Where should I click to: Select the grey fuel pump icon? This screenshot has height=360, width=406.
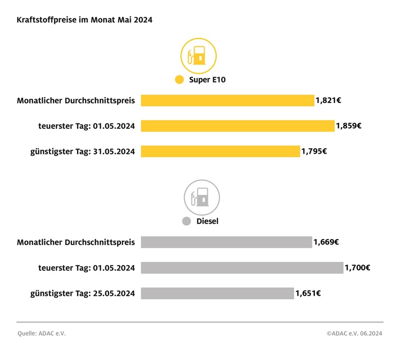(201, 197)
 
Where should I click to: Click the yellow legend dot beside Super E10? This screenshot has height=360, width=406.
(179, 80)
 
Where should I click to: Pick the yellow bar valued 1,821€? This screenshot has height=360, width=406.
(227, 100)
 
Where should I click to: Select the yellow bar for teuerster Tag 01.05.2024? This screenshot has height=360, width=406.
(237, 126)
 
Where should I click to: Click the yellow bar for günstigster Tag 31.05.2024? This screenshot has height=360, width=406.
(220, 151)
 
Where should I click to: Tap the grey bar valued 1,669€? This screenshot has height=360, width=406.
(226, 242)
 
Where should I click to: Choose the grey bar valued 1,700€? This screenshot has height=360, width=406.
(241, 268)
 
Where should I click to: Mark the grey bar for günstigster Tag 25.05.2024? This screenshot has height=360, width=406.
(217, 293)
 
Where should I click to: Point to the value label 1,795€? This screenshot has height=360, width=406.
(314, 151)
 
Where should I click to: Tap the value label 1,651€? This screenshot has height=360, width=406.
(308, 293)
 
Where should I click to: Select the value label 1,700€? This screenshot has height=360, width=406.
(357, 268)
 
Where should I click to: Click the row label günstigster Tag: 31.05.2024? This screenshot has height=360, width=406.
(82, 152)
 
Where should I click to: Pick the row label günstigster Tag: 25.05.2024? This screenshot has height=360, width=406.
(82, 293)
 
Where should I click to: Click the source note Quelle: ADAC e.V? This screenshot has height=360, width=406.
(41, 334)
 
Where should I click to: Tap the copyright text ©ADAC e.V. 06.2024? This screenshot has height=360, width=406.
(354, 334)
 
